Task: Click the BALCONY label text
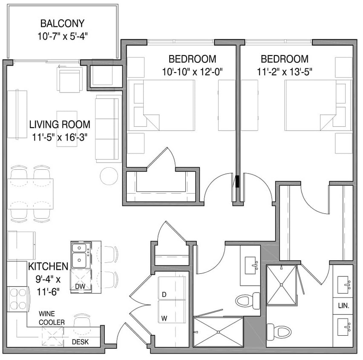pyautogui.click(x=62, y=23)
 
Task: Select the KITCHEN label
pyautogui.click(x=48, y=267)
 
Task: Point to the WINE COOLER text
pyautogui.click(x=52, y=318)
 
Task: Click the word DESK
pyautogui.click(x=80, y=342)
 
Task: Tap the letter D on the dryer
pyautogui.click(x=163, y=295)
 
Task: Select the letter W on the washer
pyautogui.click(x=163, y=318)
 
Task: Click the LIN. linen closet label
pyautogui.click(x=343, y=306)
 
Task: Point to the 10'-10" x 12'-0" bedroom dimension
pyautogui.click(x=193, y=72)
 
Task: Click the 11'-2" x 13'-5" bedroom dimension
pyautogui.click(x=285, y=72)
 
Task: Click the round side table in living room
pyautogui.click(x=109, y=175)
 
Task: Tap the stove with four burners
pyautogui.click(x=18, y=299)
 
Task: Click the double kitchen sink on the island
pyautogui.click(x=81, y=254)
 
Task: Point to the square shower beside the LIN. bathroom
pyautogui.click(x=281, y=285)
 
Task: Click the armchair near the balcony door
pyautogui.click(x=70, y=80)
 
